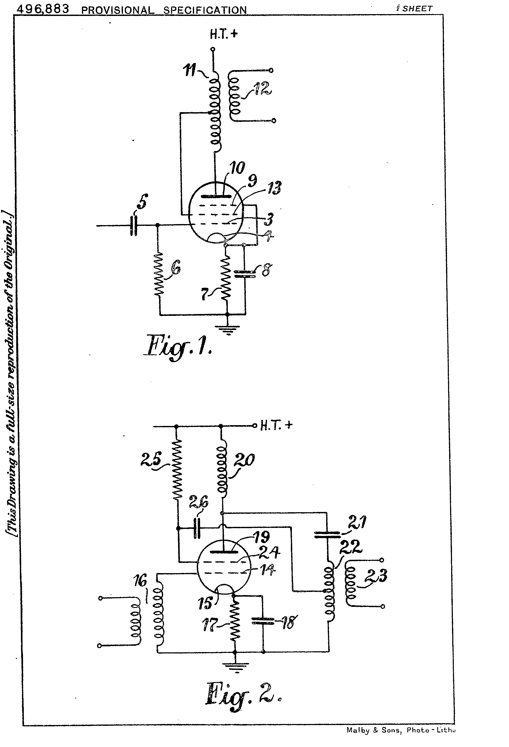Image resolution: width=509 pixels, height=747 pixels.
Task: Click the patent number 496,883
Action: pyautogui.click(x=43, y=9)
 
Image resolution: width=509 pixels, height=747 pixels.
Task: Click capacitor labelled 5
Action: pyautogui.click(x=133, y=226)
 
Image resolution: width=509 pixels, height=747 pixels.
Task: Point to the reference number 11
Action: pyautogui.click(x=190, y=70)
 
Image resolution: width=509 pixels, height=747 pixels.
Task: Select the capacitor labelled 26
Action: pyautogui.click(x=197, y=528)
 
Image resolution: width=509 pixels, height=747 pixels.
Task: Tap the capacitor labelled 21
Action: pyautogui.click(x=327, y=534)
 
